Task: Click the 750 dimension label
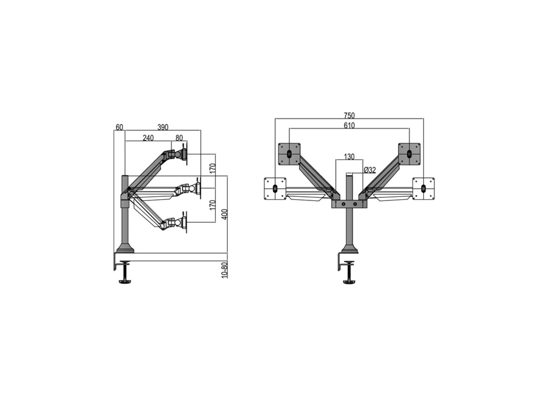pos(349,115)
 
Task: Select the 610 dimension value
pos(349,125)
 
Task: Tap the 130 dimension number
pos(349,157)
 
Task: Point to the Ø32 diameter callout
pos(370,170)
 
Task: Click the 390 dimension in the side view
pos(163,127)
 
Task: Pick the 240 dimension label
pos(148,138)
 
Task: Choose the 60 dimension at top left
pos(119,127)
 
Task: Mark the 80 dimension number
pos(179,138)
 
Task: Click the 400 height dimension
pos(223,214)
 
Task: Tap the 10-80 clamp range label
pos(223,270)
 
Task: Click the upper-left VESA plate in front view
pos(289,154)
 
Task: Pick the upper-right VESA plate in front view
pos(409,154)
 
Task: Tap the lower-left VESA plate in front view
pos(275,188)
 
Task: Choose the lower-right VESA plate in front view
pos(423,188)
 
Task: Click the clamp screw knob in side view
pos(124,282)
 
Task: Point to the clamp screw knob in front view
pos(349,282)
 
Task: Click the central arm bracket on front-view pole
pos(349,204)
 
